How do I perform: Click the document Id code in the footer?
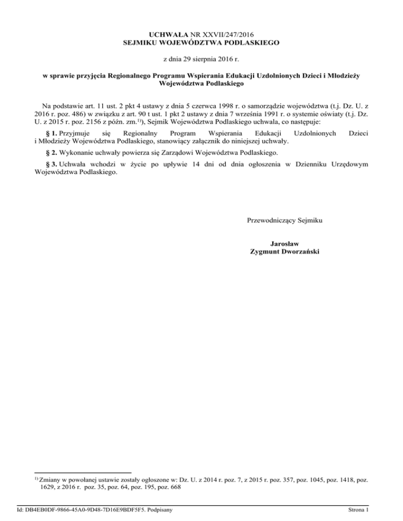click(x=94, y=509)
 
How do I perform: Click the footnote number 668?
click(x=174, y=487)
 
